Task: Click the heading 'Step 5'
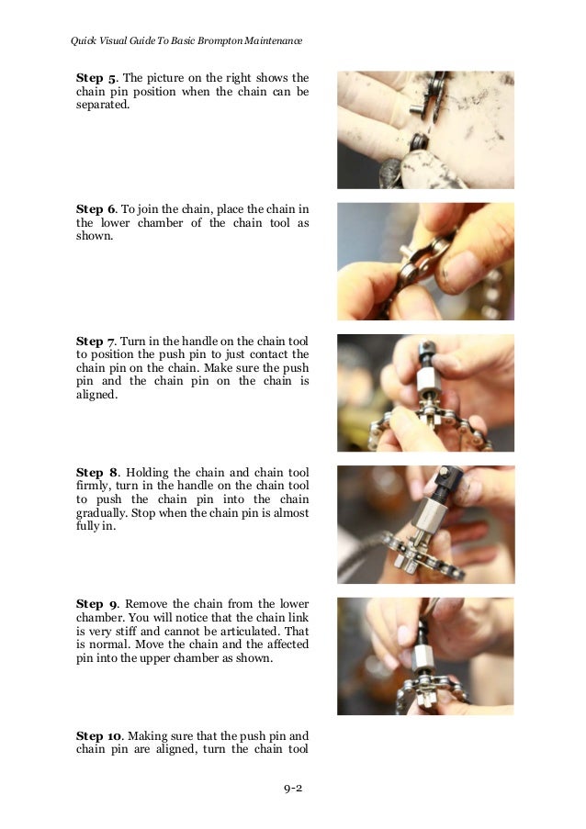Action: click(x=96, y=78)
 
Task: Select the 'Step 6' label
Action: click(x=96, y=209)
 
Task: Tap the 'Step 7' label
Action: click(x=96, y=341)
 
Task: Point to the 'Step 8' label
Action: click(x=96, y=473)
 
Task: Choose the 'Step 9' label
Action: click(x=96, y=604)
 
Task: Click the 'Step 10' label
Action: click(x=98, y=736)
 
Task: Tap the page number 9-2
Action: click(x=293, y=789)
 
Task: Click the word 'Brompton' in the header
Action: click(x=220, y=40)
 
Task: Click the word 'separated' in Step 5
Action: click(x=102, y=105)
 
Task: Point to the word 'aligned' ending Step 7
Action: click(x=96, y=395)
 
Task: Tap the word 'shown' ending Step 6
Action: click(x=94, y=236)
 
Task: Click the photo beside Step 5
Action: click(x=426, y=130)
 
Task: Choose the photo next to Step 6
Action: click(x=426, y=262)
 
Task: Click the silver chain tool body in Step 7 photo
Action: click(x=426, y=379)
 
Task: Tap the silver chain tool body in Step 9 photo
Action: click(x=424, y=656)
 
